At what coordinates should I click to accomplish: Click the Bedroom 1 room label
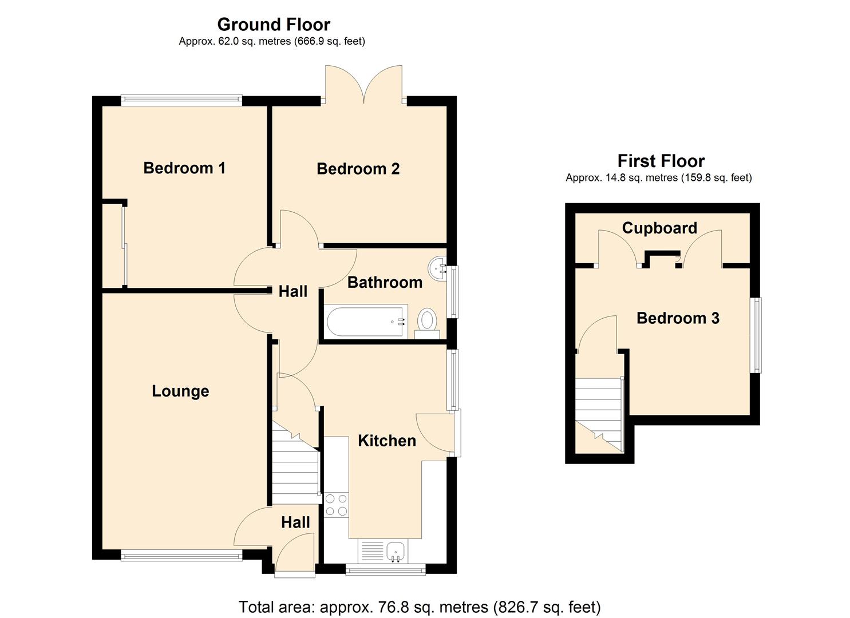coord(184,168)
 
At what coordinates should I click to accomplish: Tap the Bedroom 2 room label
coord(358,169)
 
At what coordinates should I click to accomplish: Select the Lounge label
coord(180,391)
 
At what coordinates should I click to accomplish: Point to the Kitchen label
coord(387,441)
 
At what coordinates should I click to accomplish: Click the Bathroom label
coord(385,282)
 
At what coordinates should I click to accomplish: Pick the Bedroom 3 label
coord(678,318)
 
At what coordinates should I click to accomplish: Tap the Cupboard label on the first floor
coord(659,228)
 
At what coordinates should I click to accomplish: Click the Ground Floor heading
coord(274,25)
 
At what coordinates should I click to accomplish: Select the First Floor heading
coord(661,161)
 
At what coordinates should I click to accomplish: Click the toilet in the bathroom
coord(426,322)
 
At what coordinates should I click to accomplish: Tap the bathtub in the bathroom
coord(366,322)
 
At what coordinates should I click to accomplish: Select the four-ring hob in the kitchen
coord(336,505)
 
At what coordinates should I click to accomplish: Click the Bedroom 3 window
coord(757,335)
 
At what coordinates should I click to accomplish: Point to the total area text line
coord(420,607)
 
